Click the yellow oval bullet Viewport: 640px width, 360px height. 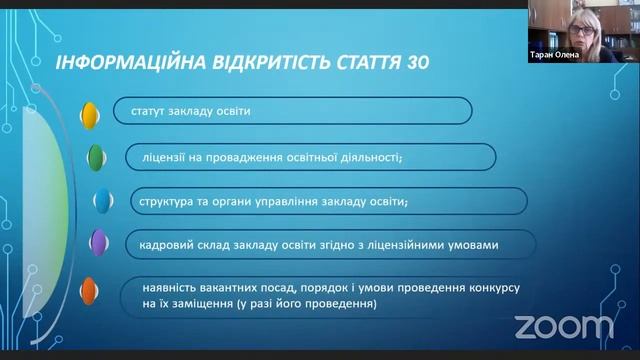[x=89, y=112]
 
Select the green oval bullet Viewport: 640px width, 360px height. [x=95, y=157]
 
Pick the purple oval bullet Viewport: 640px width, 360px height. [x=98, y=242]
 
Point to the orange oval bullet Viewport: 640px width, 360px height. [x=89, y=291]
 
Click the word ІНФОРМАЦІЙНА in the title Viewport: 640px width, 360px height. [x=116, y=62]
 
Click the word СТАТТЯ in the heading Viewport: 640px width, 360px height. [x=364, y=62]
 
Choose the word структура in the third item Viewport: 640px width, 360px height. [x=165, y=201]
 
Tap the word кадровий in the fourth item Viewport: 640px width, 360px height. [x=159, y=244]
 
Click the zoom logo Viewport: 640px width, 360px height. [x=563, y=326]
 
